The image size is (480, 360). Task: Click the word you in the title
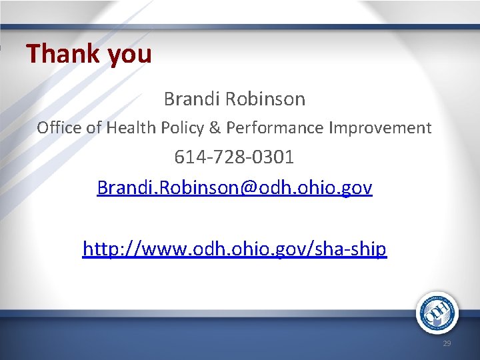(x=129, y=55)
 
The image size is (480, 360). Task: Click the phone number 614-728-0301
(x=234, y=158)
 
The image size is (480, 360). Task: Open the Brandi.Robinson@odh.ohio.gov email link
(x=235, y=188)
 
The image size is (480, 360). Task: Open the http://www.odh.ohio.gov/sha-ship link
(x=235, y=249)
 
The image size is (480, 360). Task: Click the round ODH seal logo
(x=437, y=312)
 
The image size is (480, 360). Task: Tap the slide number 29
(x=446, y=343)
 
